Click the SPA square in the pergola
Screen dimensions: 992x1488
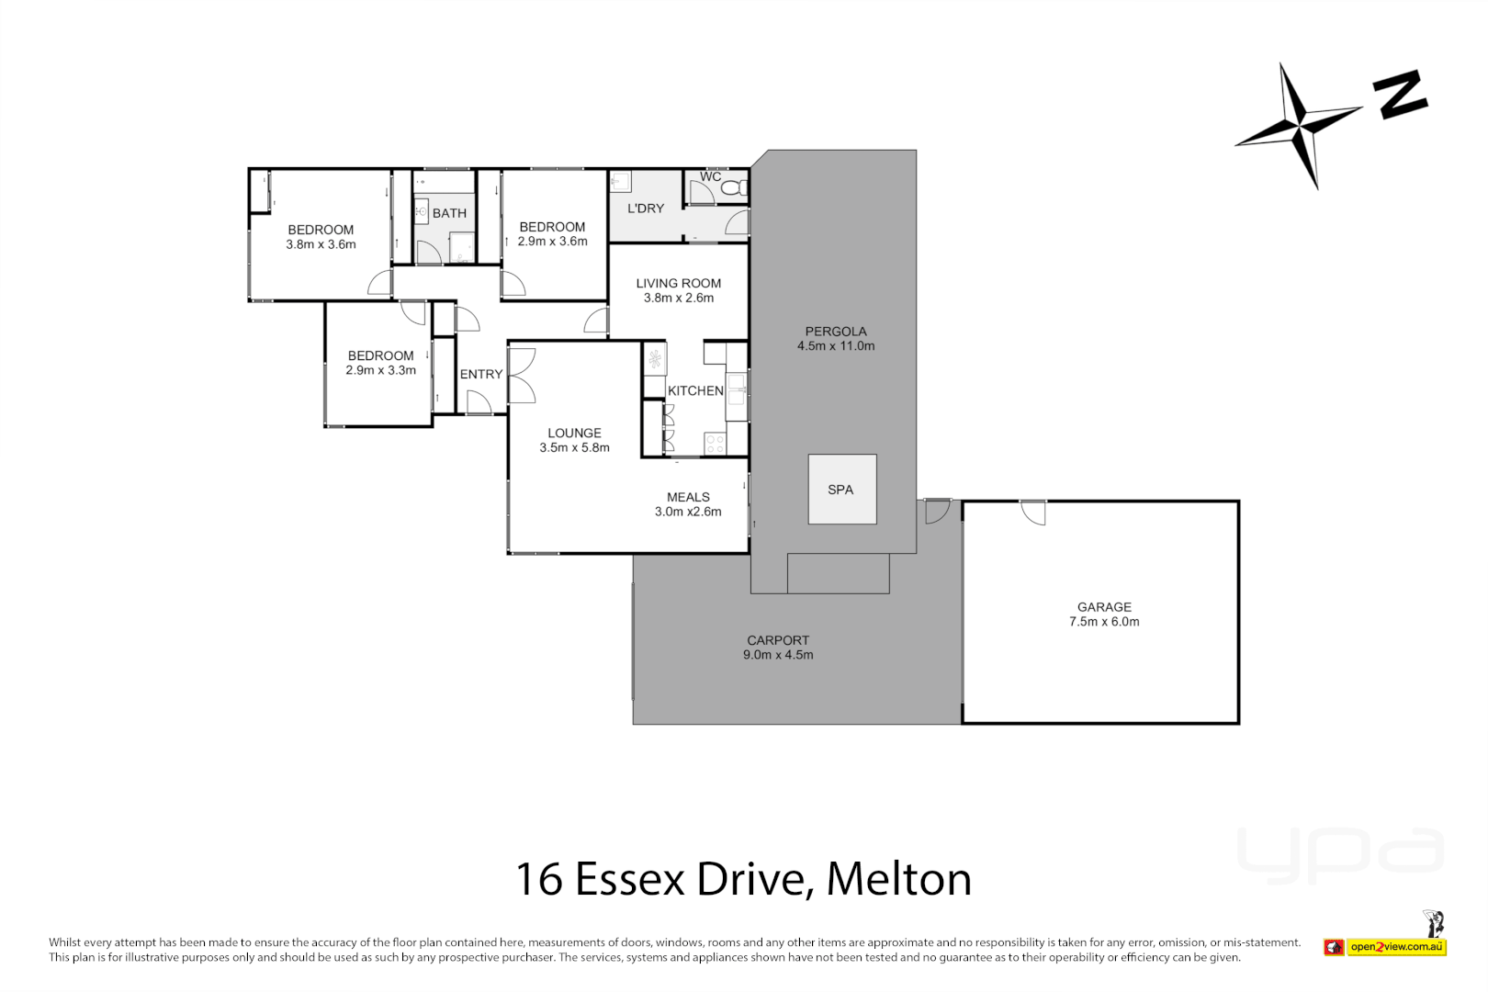841,490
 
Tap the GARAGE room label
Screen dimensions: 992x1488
1104,607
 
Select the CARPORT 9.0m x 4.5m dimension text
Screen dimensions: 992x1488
778,655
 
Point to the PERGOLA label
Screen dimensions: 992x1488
836,332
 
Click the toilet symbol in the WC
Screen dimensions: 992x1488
734,188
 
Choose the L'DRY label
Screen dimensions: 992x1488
646,209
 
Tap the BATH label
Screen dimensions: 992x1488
449,213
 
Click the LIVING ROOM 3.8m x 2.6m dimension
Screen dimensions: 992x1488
679,298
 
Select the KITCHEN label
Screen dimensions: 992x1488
695,390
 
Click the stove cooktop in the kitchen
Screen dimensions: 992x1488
715,445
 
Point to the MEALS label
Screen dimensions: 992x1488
688,497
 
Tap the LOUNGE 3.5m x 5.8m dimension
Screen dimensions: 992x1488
574,447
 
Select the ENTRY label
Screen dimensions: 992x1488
481,374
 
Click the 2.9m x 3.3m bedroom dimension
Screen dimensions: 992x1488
380,370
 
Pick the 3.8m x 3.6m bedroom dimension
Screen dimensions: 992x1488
321,244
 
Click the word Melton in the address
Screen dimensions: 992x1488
898,879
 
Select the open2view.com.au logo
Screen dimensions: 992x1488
1396,947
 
